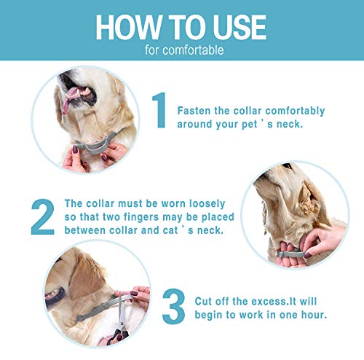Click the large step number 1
[159, 110]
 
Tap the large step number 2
[43, 216]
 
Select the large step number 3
[173, 306]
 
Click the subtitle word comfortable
[193, 50]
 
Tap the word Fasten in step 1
[194, 111]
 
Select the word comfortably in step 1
[295, 111]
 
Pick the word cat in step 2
[170, 230]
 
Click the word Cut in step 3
[203, 302]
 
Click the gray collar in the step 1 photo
[97, 144]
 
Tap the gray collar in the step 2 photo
[291, 254]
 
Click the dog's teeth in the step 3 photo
[52, 294]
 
